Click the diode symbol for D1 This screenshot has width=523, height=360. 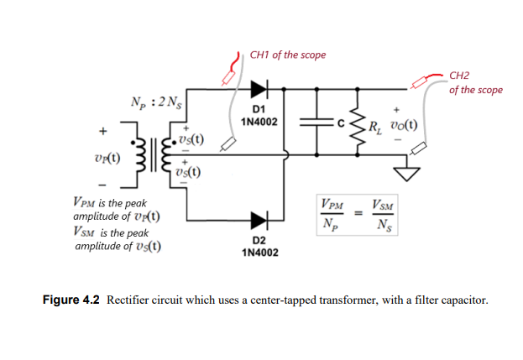pyautogui.click(x=258, y=88)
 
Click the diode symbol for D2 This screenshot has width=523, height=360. pyautogui.click(x=258, y=221)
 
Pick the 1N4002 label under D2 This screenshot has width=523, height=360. pyautogui.click(x=259, y=253)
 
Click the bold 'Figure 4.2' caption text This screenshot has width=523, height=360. pyautogui.click(x=71, y=300)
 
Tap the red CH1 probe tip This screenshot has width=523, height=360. pyautogui.click(x=228, y=77)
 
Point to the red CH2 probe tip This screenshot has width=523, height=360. pyautogui.click(x=421, y=81)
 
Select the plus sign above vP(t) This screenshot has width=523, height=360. pyautogui.click(x=104, y=132)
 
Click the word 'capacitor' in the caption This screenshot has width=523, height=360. pyautogui.click(x=460, y=300)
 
